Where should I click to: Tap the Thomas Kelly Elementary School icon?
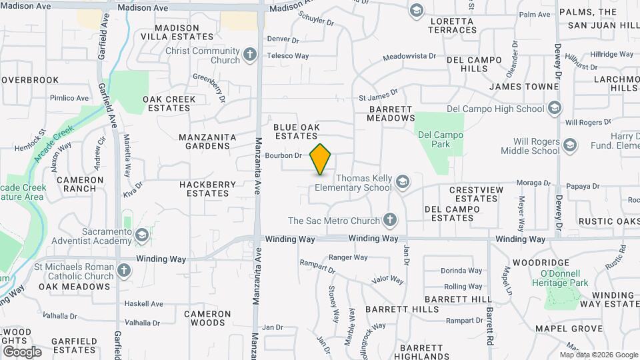[x=402, y=182]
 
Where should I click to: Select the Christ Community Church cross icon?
[x=250, y=55]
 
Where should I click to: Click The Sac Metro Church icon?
[x=390, y=221]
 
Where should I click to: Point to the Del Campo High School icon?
[x=554, y=109]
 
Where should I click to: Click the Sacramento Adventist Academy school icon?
[x=141, y=235]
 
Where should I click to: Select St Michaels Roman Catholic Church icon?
[x=123, y=271]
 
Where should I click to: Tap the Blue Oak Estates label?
[x=297, y=131]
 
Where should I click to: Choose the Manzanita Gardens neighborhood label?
[x=207, y=141]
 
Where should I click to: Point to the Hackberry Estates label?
[x=207, y=189]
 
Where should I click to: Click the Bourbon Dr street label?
[x=284, y=155]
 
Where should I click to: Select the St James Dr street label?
[x=378, y=96]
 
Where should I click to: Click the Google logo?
[x=22, y=351]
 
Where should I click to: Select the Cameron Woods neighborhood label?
[x=207, y=318]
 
